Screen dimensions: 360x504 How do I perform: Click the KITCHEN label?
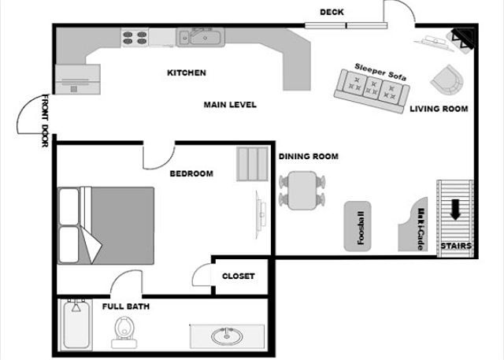[x=187, y=72]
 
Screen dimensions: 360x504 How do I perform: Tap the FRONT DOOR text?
[x=43, y=125]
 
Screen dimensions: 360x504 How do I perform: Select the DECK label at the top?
[x=332, y=12]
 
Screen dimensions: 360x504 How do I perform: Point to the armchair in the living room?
[x=448, y=78]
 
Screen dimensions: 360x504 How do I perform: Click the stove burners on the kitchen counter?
[x=135, y=35]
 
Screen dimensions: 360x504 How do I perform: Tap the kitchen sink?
[x=198, y=35]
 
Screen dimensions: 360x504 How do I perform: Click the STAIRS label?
[x=456, y=247]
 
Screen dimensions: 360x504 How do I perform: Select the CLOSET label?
[x=238, y=276]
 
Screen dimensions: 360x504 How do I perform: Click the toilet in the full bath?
[x=123, y=331]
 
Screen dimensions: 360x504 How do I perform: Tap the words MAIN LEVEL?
[x=230, y=104]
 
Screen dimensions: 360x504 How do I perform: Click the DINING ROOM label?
[x=308, y=156]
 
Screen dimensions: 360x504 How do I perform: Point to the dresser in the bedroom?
[x=253, y=163]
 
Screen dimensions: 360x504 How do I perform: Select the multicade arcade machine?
[x=418, y=227]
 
